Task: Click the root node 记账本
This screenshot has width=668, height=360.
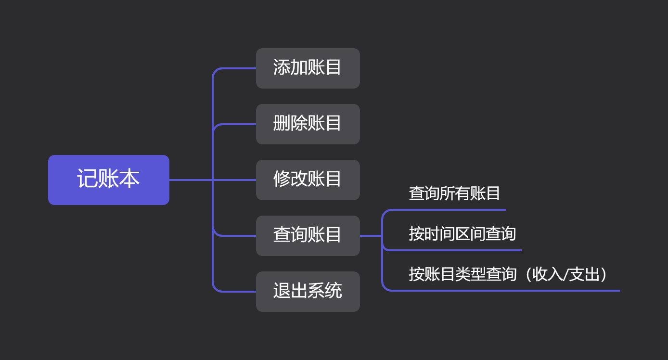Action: click(x=108, y=180)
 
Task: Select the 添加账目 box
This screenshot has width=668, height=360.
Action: click(x=308, y=68)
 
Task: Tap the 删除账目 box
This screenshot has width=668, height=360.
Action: click(x=308, y=124)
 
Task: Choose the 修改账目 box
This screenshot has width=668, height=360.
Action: click(x=308, y=180)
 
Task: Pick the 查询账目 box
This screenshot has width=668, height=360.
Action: click(x=308, y=235)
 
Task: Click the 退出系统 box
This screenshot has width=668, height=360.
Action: click(x=308, y=291)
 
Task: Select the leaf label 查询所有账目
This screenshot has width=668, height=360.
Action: click(x=454, y=193)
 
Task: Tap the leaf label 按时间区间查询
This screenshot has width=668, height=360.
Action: click(x=462, y=234)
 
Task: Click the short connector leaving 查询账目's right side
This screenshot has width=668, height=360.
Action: click(x=371, y=236)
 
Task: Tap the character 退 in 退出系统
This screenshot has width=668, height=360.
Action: click(x=282, y=291)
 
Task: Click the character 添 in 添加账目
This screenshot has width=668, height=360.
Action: click(x=282, y=68)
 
